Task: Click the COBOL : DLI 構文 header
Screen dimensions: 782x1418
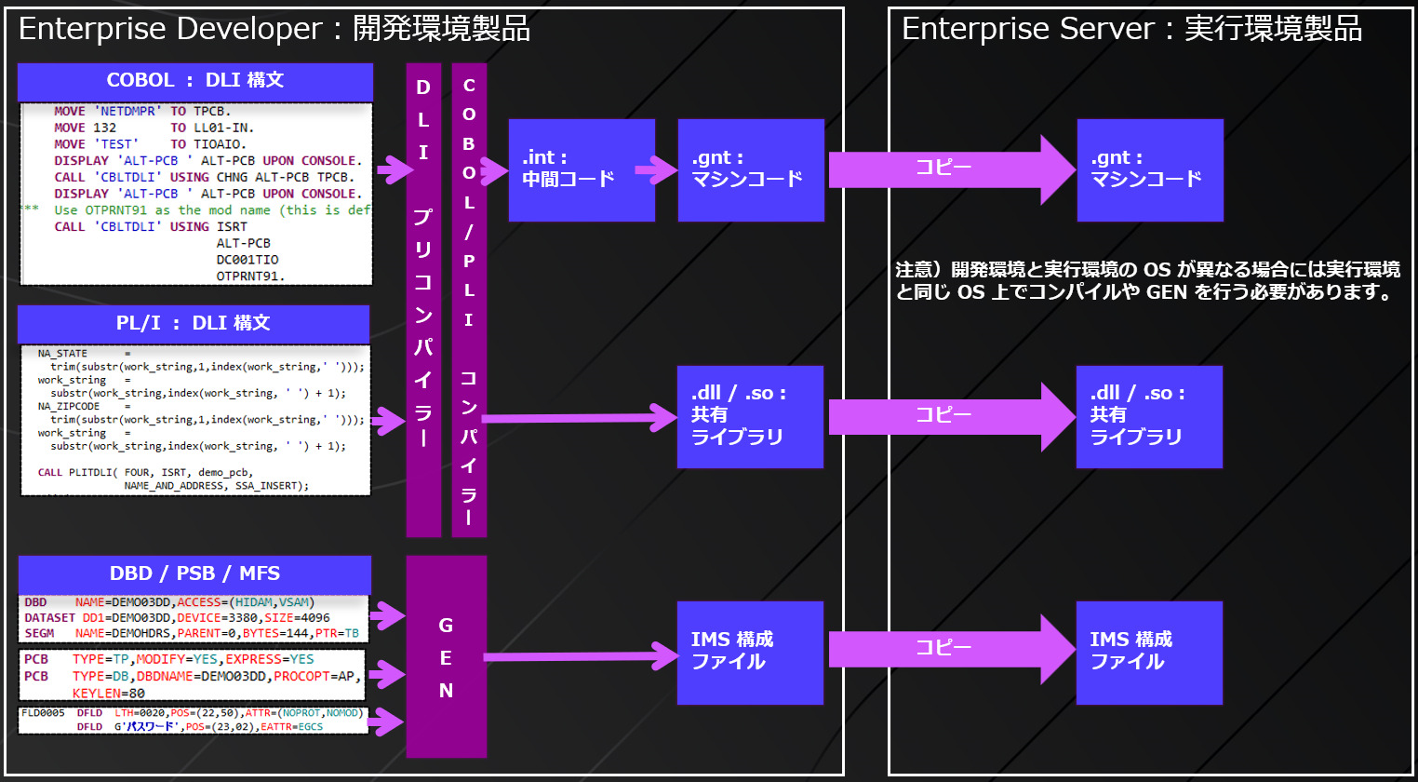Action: coord(194,81)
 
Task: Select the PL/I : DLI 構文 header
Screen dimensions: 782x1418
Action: coord(194,324)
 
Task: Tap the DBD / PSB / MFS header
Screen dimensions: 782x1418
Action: coord(194,574)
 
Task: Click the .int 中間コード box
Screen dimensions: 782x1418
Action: coord(582,169)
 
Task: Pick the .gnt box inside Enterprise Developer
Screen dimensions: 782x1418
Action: coord(751,169)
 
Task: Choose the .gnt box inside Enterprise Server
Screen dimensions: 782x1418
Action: coord(1150,169)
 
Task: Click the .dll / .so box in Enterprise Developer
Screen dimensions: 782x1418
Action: coord(750,416)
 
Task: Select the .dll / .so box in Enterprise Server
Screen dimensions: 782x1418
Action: coord(1149,416)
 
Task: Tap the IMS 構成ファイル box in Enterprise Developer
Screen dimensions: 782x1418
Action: coord(750,652)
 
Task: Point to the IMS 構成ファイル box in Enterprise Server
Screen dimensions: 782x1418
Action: coord(1149,652)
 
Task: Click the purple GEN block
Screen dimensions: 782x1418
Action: coord(447,657)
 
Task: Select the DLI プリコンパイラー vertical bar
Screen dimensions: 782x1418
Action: coord(423,300)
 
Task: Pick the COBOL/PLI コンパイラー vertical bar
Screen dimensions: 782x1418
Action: coord(469,300)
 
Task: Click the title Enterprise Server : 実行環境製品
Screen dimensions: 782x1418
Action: coord(1131,29)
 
